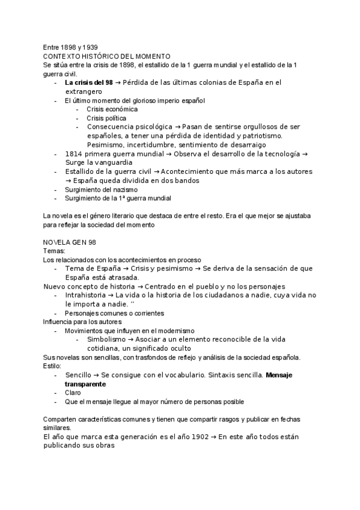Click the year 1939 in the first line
[x=90, y=47]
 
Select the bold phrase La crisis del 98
[x=88, y=82]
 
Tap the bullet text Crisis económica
[x=112, y=109]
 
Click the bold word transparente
[x=85, y=384]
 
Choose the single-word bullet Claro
[x=73, y=393]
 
